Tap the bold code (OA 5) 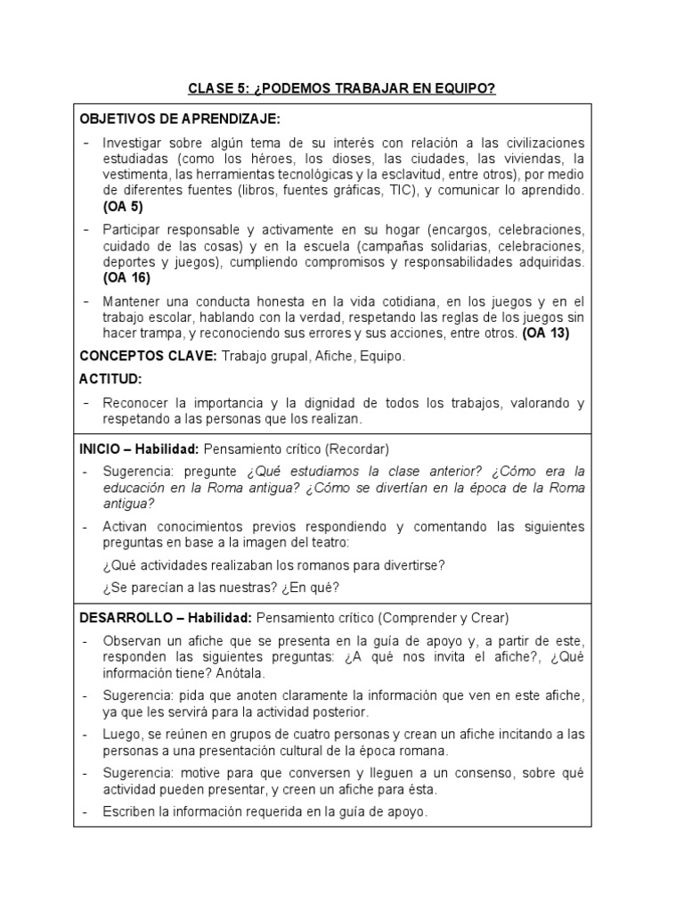click(122, 206)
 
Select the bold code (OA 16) click(125, 277)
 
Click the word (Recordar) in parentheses click(357, 448)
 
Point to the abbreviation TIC click(395, 192)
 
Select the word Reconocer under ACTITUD click(136, 403)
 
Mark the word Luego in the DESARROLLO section click(121, 734)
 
